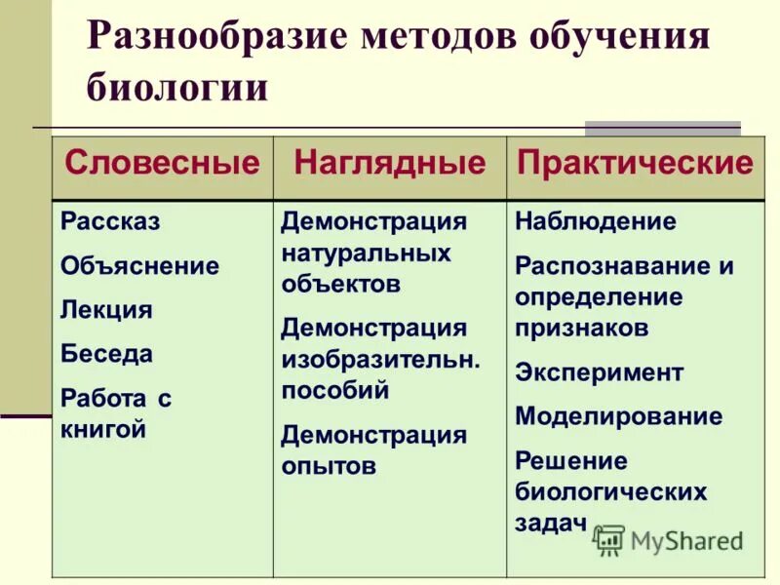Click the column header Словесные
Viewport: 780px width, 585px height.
pos(162,163)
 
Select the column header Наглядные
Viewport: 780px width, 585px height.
pos(389,163)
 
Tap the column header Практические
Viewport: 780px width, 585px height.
pos(636,163)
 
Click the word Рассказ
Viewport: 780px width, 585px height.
pos(110,221)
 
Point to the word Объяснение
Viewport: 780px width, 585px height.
pos(139,266)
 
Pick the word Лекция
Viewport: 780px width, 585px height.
pos(106,310)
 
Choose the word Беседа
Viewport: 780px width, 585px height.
pos(106,354)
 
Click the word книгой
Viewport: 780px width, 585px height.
pos(103,428)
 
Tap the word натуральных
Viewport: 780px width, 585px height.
pos(366,253)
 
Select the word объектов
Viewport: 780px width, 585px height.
pos(340,285)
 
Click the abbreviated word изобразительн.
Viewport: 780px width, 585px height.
pos(380,359)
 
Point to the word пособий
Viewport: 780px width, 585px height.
pos(334,390)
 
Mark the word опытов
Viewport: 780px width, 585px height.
pos(329,465)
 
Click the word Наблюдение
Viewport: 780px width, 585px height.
pos(595,221)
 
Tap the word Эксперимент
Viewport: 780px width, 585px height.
pos(599,372)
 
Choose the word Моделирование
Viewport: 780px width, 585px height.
pos(619,416)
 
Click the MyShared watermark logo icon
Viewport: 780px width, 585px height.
pos(608,539)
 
